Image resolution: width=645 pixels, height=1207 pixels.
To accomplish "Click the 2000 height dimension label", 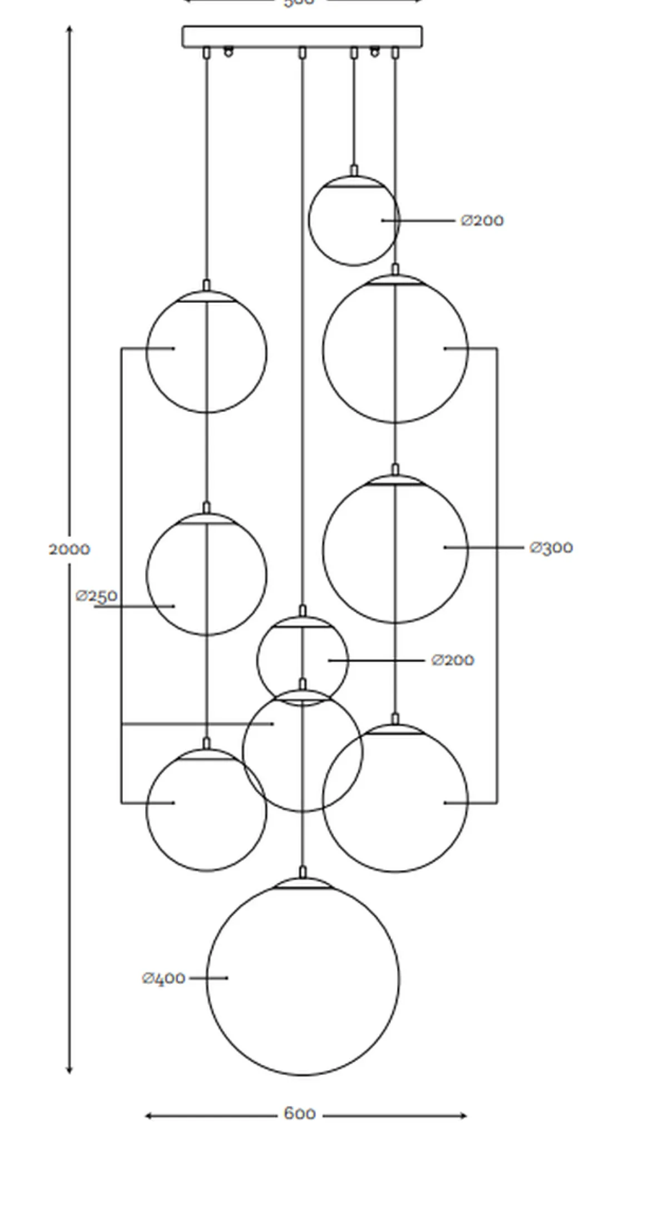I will [x=69, y=549].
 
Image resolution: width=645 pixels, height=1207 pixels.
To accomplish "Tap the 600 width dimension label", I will [x=300, y=1114].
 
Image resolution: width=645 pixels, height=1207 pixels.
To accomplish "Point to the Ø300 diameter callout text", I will [x=551, y=547].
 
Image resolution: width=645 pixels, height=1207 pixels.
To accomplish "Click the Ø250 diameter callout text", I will [x=97, y=596].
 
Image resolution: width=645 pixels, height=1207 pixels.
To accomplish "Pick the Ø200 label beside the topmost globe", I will [x=482, y=221].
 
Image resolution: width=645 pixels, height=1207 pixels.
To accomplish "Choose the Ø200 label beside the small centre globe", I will [x=453, y=660].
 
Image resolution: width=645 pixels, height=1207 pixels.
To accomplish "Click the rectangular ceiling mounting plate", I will [x=302, y=36].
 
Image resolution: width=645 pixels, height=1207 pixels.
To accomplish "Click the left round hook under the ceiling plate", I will [x=228, y=52].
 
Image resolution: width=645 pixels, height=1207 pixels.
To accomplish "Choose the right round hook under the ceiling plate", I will [x=375, y=52].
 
